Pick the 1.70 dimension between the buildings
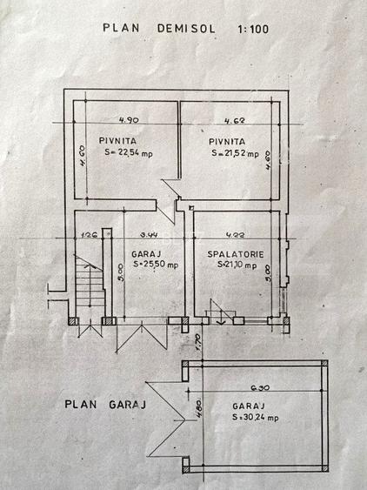pos(199,339)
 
